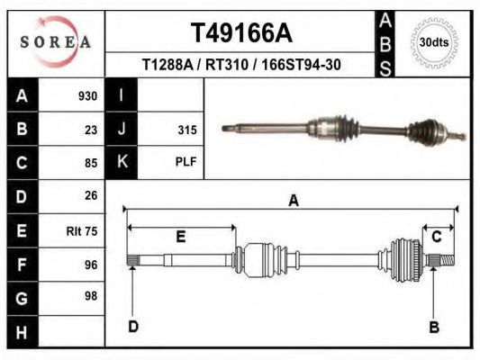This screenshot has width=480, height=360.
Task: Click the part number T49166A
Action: (x=241, y=33)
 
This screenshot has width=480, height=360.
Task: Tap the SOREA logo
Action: (x=56, y=42)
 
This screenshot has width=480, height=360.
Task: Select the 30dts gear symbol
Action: (x=434, y=42)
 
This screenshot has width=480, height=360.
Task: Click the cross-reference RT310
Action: (x=227, y=65)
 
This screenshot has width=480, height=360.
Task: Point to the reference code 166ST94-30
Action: (x=301, y=65)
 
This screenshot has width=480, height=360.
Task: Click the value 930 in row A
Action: (x=88, y=96)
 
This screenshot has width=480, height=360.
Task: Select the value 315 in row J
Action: (x=187, y=130)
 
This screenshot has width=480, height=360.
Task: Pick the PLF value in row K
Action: (x=186, y=161)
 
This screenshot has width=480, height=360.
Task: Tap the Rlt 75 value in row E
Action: (x=82, y=231)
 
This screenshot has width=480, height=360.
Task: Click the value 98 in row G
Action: (x=91, y=296)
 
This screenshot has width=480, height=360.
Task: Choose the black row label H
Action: (x=23, y=332)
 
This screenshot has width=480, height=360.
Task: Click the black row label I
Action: (x=122, y=94)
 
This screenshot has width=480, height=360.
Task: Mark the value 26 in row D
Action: (x=91, y=195)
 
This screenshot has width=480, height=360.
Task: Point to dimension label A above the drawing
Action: (x=294, y=201)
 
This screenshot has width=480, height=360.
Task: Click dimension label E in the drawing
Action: (x=181, y=237)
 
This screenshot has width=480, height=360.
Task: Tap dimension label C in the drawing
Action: (x=436, y=237)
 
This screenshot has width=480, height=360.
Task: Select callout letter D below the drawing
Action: (x=133, y=327)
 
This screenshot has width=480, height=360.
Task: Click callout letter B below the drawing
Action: (x=434, y=328)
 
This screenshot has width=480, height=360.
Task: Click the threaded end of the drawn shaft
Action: (x=448, y=261)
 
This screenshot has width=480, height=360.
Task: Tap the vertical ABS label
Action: (x=385, y=44)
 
